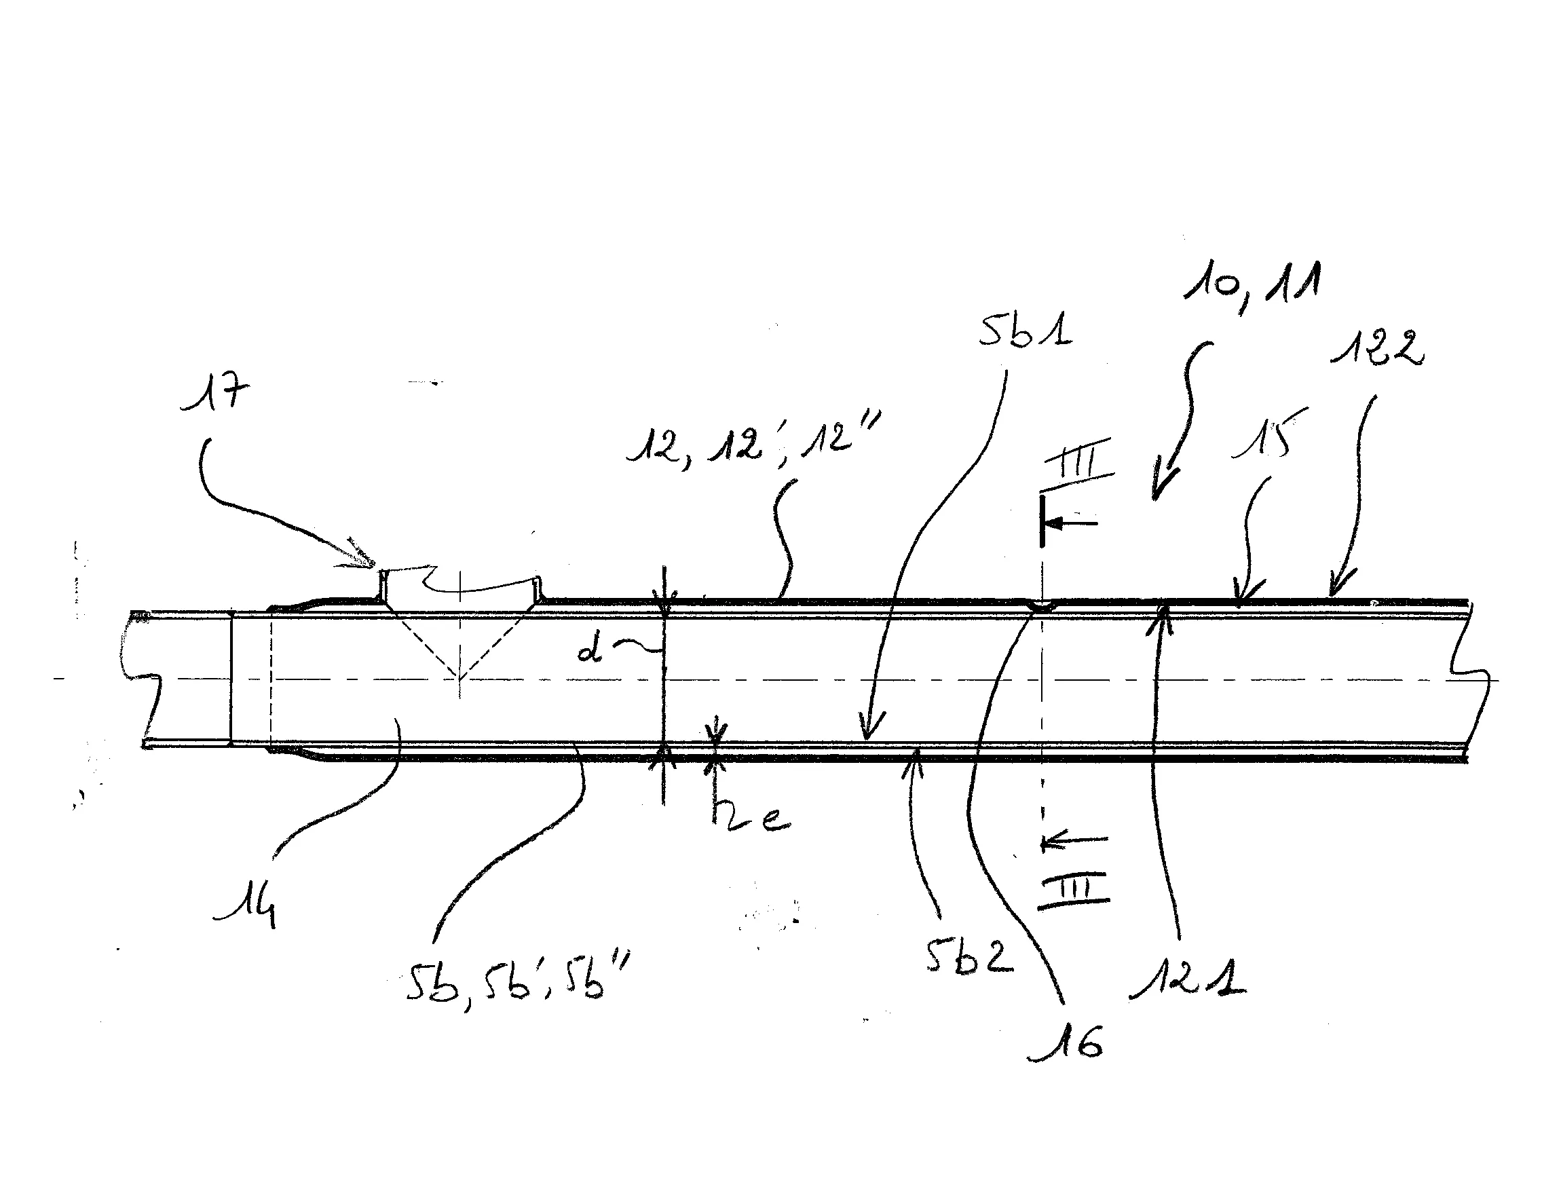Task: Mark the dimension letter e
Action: coord(773,819)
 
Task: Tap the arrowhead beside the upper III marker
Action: coord(1055,523)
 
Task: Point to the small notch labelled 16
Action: coord(1041,606)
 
